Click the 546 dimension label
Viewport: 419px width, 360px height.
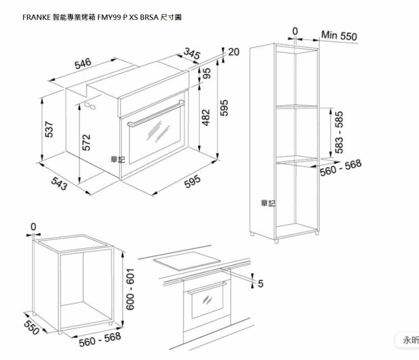83,63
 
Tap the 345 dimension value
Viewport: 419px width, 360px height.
192,53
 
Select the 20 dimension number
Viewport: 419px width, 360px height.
233,52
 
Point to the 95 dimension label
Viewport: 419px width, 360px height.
206,73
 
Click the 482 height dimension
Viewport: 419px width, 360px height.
206,117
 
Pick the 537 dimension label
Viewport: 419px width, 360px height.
49,129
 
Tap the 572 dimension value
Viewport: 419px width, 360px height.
86,143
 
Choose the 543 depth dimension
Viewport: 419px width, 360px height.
59,184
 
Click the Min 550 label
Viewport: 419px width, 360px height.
339,35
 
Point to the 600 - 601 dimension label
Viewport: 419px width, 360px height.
130,289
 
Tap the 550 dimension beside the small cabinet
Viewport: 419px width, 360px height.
31,327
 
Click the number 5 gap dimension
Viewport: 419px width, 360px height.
261,283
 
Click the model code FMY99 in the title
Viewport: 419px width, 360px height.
109,18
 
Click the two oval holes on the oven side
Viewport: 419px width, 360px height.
90,106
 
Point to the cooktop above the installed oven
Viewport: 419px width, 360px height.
187,261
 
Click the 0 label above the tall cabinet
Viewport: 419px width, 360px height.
295,31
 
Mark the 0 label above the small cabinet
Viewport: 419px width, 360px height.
33,227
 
